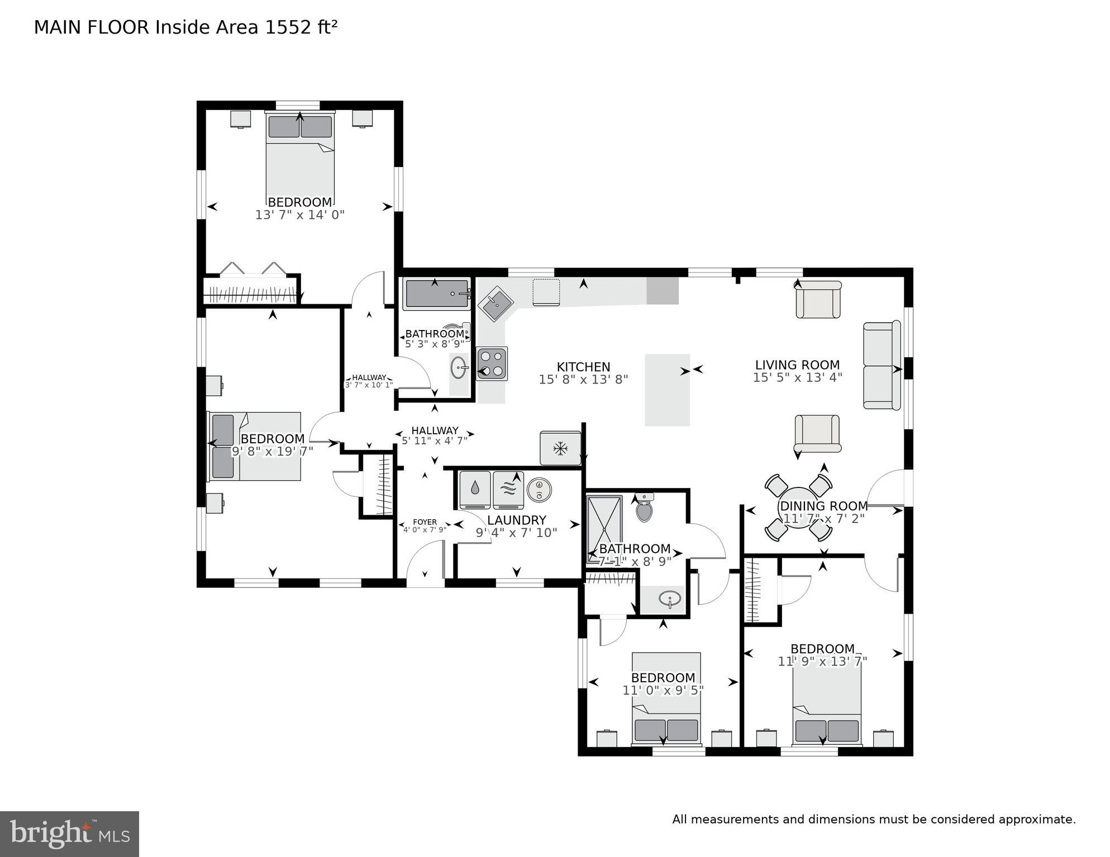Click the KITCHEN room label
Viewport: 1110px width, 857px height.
point(583,367)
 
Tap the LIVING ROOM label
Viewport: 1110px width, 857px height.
point(797,365)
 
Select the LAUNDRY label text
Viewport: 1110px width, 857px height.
point(516,520)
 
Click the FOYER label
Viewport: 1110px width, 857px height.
point(425,522)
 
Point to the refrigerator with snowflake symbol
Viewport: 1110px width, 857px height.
point(560,448)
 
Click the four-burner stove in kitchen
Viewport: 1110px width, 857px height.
point(492,363)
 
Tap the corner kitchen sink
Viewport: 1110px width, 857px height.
point(495,303)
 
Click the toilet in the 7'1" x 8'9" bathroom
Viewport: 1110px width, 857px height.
point(644,508)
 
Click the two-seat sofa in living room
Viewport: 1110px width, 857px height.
point(882,366)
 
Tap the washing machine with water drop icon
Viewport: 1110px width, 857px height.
point(475,490)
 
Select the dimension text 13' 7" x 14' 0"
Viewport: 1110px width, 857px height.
point(300,215)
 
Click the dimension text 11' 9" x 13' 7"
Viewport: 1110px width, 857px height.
point(822,662)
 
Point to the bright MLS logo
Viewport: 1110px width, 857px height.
point(69,834)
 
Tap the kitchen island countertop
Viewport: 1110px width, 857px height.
point(667,390)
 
